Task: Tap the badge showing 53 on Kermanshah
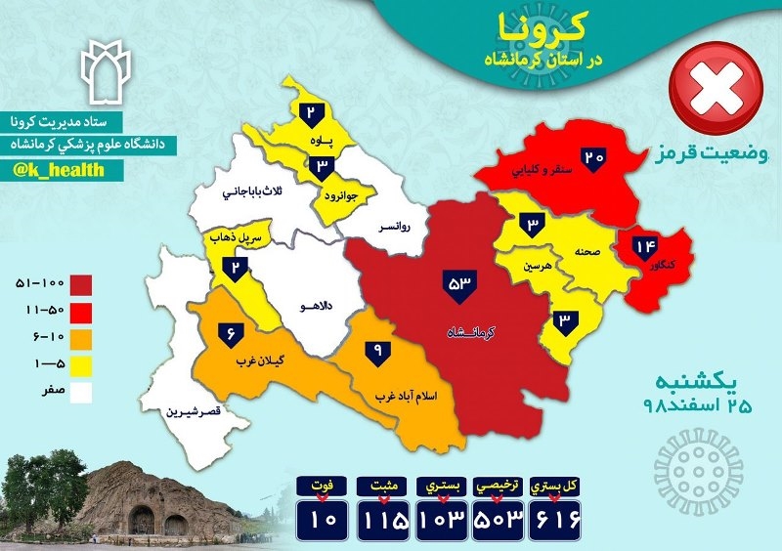click(459, 283)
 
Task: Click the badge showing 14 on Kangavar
click(646, 247)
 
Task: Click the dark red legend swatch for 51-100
click(80, 283)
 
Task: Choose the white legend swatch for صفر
click(80, 394)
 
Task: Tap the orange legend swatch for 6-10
click(80, 338)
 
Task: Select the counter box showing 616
click(553, 517)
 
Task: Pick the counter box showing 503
click(498, 517)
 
